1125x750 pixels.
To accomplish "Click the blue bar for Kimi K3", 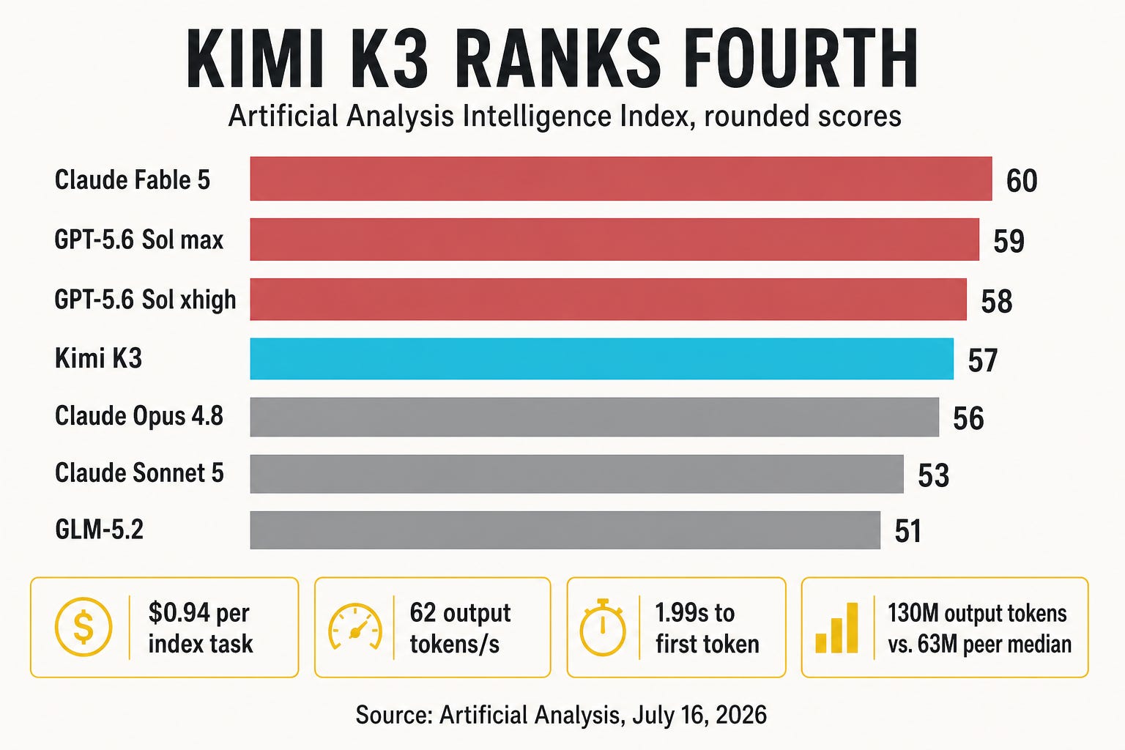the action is (x=601, y=359).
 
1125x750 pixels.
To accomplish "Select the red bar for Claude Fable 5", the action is (x=621, y=178).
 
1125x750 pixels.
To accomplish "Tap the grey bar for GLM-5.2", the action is (x=565, y=530).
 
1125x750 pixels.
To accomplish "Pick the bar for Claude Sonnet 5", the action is (x=576, y=474).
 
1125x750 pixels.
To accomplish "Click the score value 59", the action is (x=1009, y=241).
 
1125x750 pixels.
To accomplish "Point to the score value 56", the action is (x=968, y=418).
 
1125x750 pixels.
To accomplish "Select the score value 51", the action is (x=907, y=532).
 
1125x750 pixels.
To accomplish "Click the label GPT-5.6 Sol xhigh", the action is (x=145, y=300).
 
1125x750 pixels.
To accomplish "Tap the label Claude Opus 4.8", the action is (x=138, y=416).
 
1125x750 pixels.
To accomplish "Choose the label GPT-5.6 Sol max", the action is (x=138, y=240).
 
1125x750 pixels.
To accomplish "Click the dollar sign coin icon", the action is (x=83, y=627).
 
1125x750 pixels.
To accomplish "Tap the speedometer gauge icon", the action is (x=355, y=627).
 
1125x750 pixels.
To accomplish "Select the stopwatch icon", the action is (x=603, y=627).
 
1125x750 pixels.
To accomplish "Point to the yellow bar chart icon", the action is (x=836, y=628).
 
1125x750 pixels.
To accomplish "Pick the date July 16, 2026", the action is (x=699, y=715).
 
